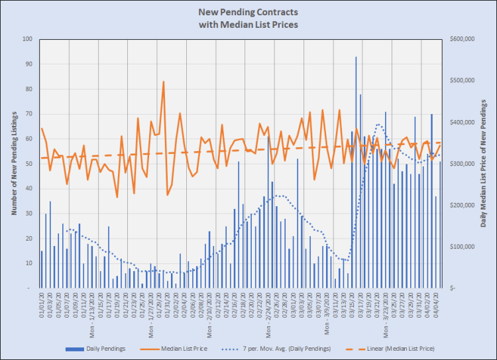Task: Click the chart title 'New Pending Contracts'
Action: point(248,13)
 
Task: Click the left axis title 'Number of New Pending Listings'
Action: point(13,163)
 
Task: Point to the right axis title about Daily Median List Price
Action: point(484,163)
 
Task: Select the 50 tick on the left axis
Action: point(28,164)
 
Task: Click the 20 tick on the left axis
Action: point(28,238)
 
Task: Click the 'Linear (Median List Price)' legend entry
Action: point(394,348)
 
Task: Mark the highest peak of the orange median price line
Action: point(164,82)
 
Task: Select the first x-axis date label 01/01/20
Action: point(41,306)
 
